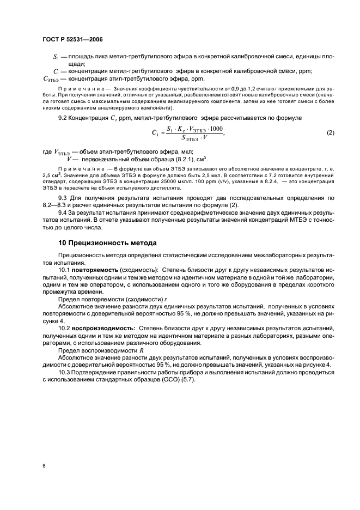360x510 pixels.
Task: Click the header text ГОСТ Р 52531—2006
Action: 72,40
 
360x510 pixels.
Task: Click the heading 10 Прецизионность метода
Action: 108,242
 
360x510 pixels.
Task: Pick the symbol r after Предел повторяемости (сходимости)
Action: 166,299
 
